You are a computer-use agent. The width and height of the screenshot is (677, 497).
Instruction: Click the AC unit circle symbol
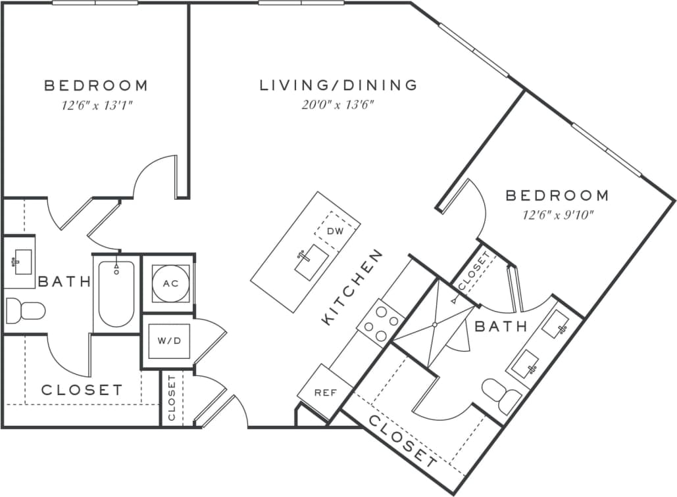[170, 283]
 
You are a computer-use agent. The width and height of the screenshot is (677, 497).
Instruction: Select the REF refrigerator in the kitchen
[325, 393]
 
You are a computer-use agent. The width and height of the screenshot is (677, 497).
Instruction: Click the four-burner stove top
[381, 321]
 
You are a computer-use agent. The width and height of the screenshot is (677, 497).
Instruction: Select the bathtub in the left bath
[116, 294]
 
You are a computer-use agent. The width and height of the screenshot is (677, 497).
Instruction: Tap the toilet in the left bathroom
[24, 310]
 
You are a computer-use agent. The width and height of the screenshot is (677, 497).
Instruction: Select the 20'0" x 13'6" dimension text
[339, 105]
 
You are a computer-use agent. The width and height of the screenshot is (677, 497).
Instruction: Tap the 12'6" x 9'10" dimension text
[557, 214]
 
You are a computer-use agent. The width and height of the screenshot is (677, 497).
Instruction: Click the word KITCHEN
[352, 287]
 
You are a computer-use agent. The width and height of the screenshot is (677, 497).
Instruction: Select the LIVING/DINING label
[339, 85]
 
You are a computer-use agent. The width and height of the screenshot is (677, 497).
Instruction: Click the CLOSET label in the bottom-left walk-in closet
[82, 390]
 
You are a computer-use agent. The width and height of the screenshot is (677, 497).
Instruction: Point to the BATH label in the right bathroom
[501, 326]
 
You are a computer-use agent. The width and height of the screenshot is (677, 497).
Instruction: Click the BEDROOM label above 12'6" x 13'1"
[96, 85]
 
